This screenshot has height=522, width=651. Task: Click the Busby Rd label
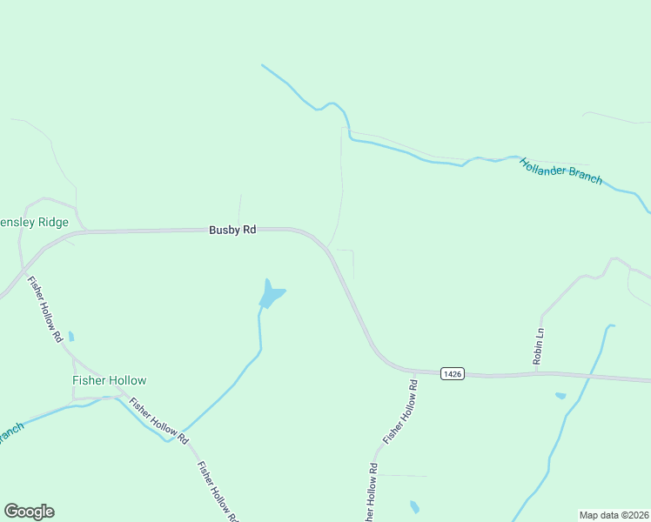(x=232, y=230)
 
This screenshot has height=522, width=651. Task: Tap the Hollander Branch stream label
(x=560, y=171)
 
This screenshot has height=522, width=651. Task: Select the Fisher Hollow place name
(x=109, y=380)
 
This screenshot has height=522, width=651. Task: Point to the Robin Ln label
(x=539, y=346)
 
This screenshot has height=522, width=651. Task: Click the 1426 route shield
(x=452, y=373)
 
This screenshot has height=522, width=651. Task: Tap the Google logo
(x=29, y=512)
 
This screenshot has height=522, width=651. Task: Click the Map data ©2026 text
(x=614, y=514)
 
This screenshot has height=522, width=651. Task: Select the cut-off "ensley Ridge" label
(x=34, y=223)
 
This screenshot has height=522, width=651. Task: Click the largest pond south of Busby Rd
(x=272, y=295)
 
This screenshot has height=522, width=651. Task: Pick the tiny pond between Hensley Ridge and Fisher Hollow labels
(x=71, y=336)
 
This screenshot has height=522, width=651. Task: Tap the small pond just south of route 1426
(x=560, y=396)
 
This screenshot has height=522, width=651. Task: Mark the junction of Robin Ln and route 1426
(x=536, y=373)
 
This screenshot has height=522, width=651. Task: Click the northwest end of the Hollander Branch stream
(x=263, y=65)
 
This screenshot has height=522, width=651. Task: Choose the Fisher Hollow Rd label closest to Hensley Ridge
(x=45, y=310)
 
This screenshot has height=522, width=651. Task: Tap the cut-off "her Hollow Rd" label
(x=372, y=492)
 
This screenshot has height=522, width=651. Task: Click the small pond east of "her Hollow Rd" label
(x=414, y=506)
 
